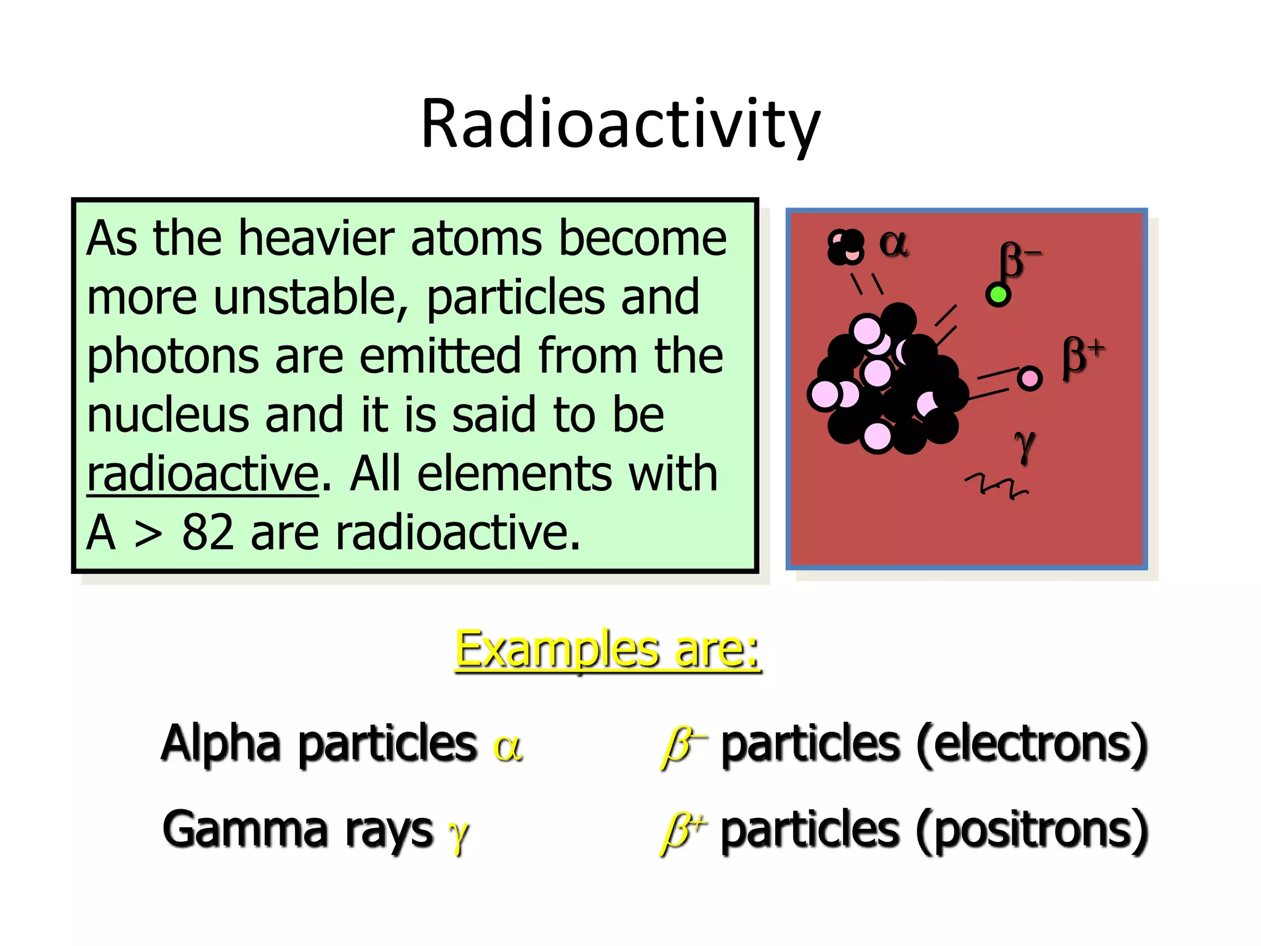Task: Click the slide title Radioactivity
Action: point(620,125)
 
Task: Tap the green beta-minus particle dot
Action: point(997,295)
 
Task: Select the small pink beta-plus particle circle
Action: point(1029,378)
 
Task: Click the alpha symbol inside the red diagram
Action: point(893,243)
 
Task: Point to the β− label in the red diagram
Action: point(1017,260)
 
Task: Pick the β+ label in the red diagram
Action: point(1081,357)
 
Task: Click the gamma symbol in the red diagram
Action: point(1025,445)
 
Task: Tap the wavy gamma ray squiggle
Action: point(996,486)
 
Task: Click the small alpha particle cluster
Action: point(846,248)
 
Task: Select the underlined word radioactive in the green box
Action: point(203,474)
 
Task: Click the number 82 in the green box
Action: point(207,533)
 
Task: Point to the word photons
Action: point(172,357)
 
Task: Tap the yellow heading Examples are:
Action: point(607,650)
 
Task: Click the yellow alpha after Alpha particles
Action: point(508,747)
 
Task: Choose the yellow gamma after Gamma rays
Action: point(458,835)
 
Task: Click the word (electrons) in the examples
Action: point(1032,744)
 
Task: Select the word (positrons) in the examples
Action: point(1032,830)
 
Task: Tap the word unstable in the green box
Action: point(310,298)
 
